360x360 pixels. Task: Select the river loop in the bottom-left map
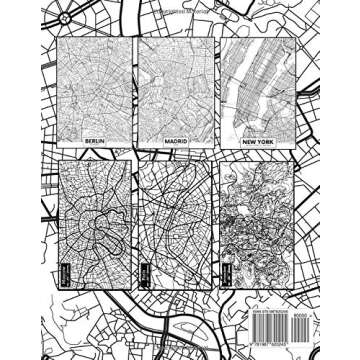[96, 214]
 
